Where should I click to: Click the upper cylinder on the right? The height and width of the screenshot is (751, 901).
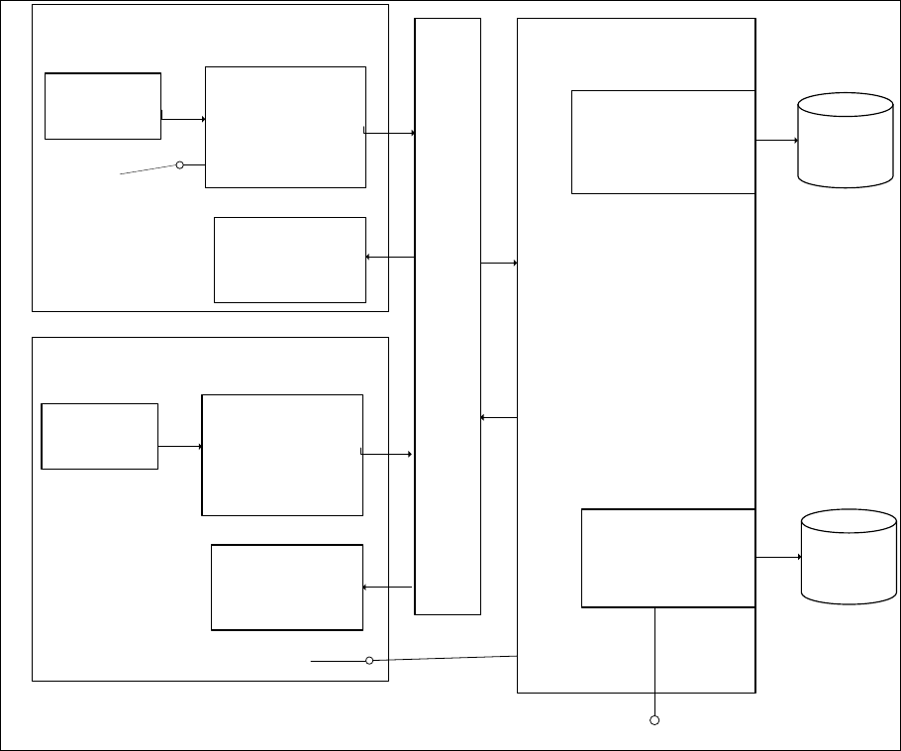(846, 140)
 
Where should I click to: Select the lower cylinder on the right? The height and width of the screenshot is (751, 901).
(848, 556)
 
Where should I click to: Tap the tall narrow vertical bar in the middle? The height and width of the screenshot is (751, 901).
(448, 316)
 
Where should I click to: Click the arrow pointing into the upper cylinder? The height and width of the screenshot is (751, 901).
(777, 141)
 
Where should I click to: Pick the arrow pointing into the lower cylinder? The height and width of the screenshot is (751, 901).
(778, 557)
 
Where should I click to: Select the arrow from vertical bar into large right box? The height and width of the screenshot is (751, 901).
(499, 263)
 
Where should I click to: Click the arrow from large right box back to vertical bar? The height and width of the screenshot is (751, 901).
(499, 417)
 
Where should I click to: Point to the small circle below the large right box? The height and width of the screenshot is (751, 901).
(654, 719)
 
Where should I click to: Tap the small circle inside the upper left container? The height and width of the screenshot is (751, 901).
(180, 164)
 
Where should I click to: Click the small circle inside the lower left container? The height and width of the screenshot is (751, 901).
(369, 660)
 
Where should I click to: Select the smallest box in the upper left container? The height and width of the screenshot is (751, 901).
(103, 105)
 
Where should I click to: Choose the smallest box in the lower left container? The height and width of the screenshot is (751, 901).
(100, 436)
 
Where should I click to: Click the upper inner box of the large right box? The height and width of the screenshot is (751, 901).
(663, 142)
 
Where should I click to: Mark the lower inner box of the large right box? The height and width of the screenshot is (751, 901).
(668, 558)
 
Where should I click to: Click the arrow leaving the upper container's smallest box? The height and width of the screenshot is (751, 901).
(183, 119)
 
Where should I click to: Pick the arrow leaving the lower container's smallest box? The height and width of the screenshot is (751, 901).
(179, 446)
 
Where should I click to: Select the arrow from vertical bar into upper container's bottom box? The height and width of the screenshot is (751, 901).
(390, 258)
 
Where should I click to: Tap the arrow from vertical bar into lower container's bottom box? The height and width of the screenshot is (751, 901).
(387, 588)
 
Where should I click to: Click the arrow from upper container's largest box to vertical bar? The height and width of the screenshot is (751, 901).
(390, 132)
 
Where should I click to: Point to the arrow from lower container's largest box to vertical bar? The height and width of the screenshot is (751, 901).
(387, 454)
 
